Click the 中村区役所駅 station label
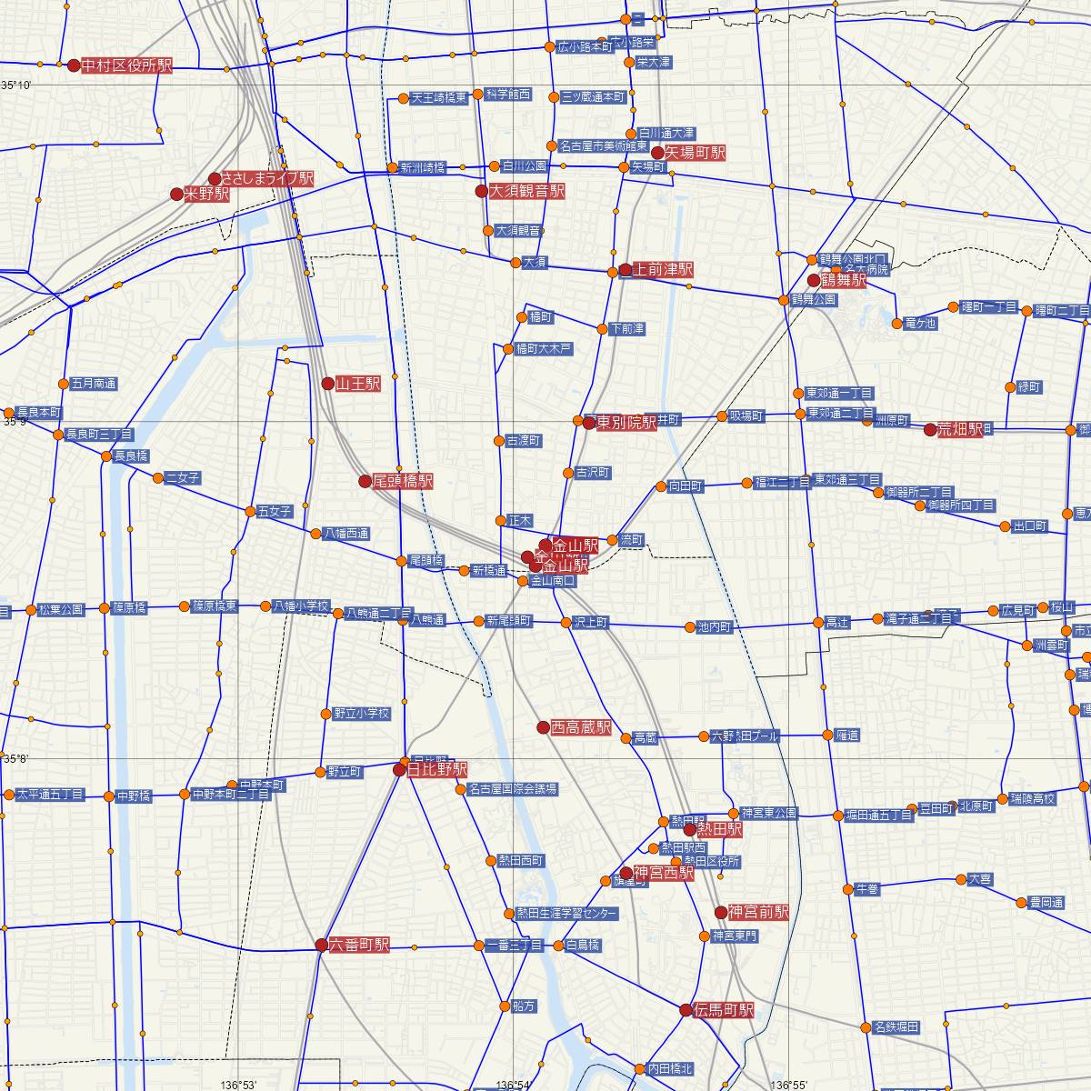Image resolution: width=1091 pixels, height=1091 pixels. point(126,65)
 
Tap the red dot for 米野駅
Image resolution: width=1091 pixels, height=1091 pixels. point(177,195)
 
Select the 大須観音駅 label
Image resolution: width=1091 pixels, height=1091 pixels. point(526,191)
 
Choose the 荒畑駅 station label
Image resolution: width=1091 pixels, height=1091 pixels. point(961,430)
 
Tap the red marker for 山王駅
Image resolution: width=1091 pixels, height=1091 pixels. point(328,384)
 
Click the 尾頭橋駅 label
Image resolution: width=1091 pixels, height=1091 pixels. point(403,480)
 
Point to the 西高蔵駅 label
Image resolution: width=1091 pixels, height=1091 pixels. point(581,727)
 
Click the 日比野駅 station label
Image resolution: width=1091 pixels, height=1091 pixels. point(436,769)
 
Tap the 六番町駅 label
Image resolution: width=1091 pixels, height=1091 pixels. point(359,945)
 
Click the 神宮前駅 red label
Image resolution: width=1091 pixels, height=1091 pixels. point(759,912)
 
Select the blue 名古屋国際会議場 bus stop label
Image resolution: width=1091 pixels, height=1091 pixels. point(512,789)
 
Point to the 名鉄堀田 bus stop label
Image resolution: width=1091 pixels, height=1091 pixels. point(896,1027)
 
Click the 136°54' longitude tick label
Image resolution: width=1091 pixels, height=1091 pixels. point(514,1085)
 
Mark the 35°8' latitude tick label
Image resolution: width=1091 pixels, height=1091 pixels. point(16,759)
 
